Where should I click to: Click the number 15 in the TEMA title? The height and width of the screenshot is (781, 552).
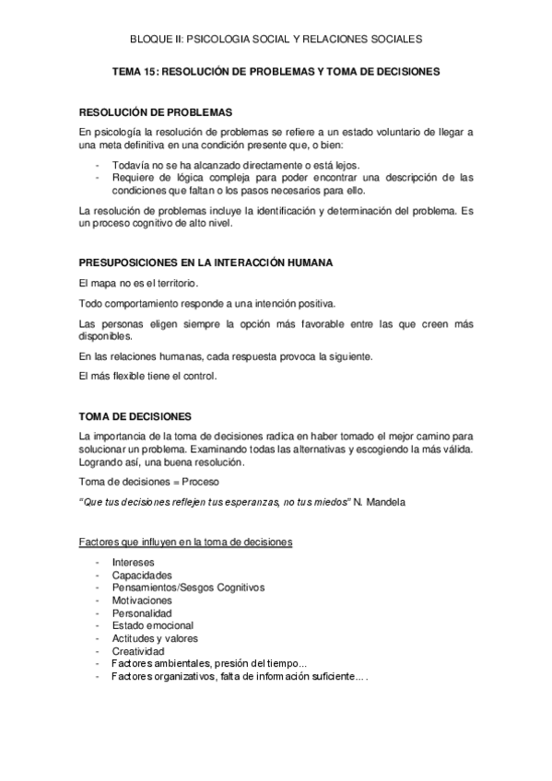[149, 70]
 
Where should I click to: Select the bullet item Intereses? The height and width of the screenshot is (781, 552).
[133, 562]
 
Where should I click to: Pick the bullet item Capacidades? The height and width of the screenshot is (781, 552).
[140, 575]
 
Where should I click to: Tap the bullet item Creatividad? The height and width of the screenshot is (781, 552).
[138, 651]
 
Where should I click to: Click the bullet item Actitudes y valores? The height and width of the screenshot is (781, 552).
[154, 638]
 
